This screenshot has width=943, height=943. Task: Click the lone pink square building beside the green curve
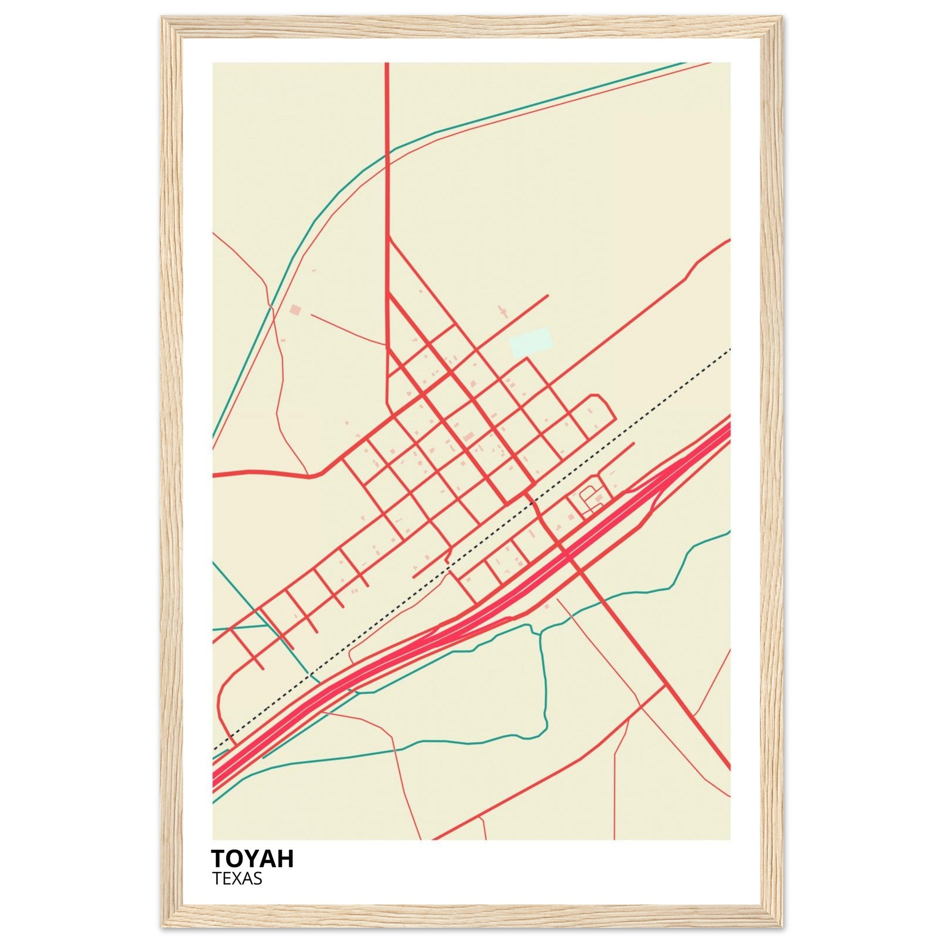[295, 309]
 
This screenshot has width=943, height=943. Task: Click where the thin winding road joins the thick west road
[308, 473]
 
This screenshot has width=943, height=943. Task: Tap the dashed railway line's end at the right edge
[730, 349]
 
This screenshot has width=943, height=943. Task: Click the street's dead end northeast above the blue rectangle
[547, 295]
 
